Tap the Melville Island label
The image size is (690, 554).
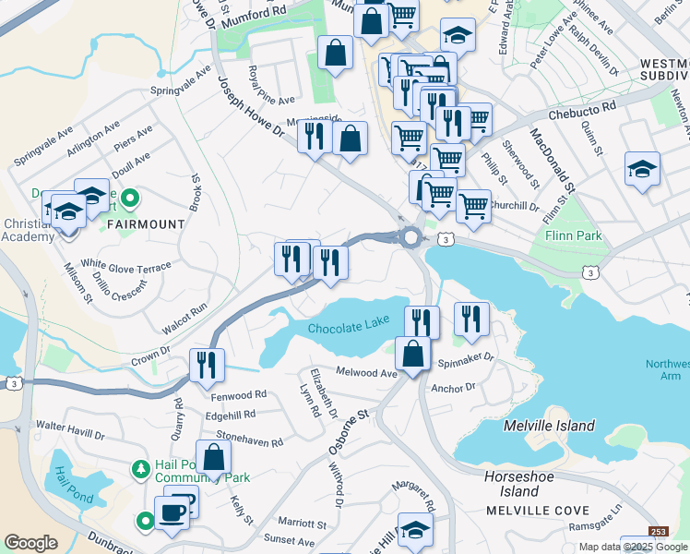pyautogui.click(x=551, y=426)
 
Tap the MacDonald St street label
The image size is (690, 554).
pyautogui.click(x=552, y=163)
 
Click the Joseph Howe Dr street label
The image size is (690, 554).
pyautogui.click(x=250, y=106)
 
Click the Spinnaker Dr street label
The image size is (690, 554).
pyautogui.click(x=466, y=358)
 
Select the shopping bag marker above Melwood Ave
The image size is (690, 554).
pyautogui.click(x=412, y=353)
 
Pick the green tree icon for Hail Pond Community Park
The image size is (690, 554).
pyautogui.click(x=139, y=469)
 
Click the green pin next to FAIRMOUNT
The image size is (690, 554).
pyautogui.click(x=130, y=198)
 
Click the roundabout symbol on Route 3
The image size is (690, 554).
pyautogui.click(x=410, y=237)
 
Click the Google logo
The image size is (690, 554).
pyautogui.click(x=30, y=543)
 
